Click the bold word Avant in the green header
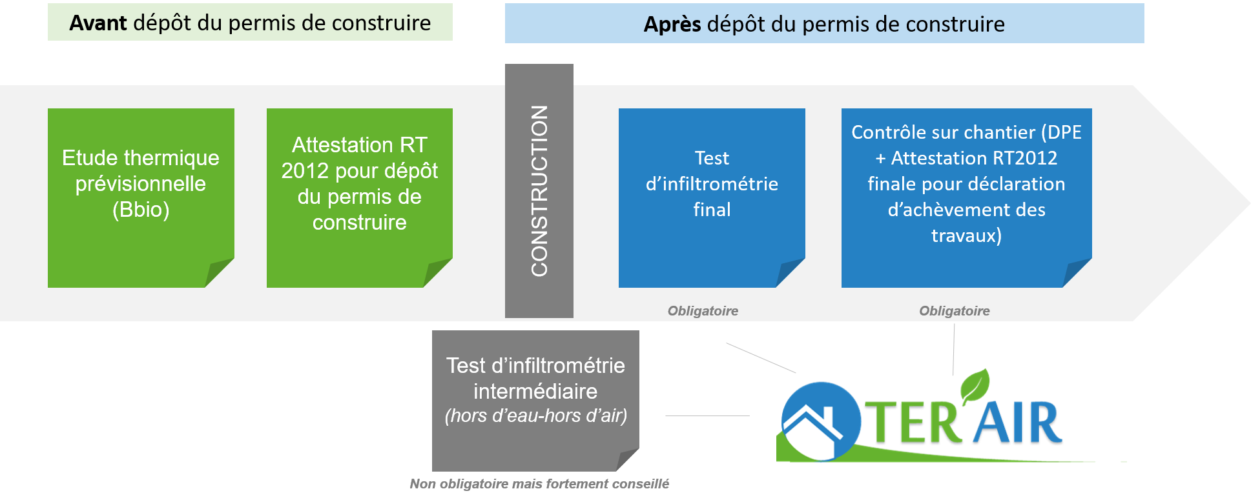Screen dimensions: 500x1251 (x=98, y=23)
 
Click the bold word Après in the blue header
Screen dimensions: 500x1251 (x=672, y=25)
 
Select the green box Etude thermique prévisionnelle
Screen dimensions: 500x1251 (x=141, y=197)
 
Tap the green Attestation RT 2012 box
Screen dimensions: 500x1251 (x=359, y=197)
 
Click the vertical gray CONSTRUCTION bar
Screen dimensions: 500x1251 (x=539, y=191)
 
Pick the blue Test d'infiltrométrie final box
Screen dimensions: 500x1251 (x=712, y=197)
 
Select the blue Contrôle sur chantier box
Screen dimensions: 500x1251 (x=966, y=197)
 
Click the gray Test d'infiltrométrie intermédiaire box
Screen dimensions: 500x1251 (x=535, y=400)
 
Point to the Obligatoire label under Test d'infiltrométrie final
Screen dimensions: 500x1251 (x=703, y=311)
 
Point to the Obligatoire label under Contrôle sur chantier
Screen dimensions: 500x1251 (x=954, y=311)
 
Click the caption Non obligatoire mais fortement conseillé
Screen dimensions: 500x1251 (x=539, y=484)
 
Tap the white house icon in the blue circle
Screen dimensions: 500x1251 (x=812, y=426)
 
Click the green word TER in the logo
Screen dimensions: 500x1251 (x=911, y=424)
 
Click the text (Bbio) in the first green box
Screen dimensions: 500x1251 (x=141, y=210)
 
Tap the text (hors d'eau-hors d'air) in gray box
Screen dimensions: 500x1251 (x=535, y=416)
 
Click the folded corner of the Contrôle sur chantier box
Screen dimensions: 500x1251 (x=1077, y=274)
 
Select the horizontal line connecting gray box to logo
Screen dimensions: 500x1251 (x=707, y=416)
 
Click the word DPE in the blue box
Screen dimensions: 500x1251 (x=1064, y=132)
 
